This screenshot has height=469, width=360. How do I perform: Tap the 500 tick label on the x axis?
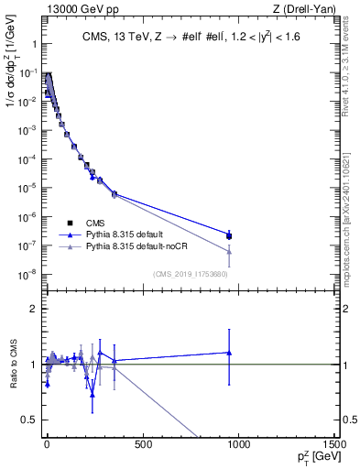(x=142, y=445)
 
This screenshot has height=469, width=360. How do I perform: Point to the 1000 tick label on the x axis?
(x=238, y=445)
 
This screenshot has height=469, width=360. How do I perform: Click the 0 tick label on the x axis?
(x=47, y=445)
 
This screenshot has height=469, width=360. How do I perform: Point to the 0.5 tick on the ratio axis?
(x=29, y=420)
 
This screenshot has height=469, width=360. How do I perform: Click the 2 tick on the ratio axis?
(x=33, y=309)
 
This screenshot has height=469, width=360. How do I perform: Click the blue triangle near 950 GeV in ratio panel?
(x=229, y=353)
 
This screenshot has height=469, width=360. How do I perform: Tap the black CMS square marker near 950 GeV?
(x=229, y=235)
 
